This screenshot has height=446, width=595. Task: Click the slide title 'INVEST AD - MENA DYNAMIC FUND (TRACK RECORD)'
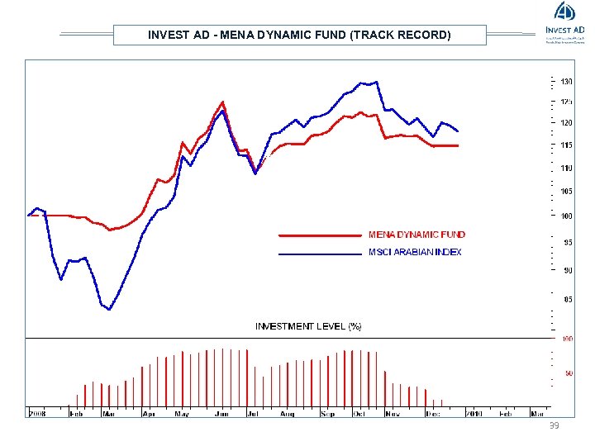tap(299, 35)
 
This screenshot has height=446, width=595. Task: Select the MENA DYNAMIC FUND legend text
tap(416, 235)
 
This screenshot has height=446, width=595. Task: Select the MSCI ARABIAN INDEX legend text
tap(415, 252)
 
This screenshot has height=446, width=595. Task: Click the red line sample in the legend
tap(320, 235)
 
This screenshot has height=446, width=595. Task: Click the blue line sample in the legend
tap(320, 253)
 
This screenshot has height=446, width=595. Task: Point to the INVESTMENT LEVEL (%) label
tap(308, 326)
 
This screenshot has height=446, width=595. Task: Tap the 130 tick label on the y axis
tap(566, 82)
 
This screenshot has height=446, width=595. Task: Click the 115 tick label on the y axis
tap(566, 145)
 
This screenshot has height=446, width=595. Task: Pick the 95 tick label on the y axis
tap(568, 243)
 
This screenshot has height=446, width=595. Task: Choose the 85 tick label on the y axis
tap(568, 300)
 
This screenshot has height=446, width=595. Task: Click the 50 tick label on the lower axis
tap(569, 373)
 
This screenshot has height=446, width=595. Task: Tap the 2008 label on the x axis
tap(38, 413)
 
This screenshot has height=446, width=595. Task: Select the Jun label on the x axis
tap(221, 413)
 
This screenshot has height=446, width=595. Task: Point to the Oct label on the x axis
tap(359, 413)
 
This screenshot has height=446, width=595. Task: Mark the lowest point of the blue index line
tap(109, 310)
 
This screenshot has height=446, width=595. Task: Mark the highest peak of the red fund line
tap(222, 102)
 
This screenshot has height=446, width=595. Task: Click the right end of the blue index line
tap(458, 131)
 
